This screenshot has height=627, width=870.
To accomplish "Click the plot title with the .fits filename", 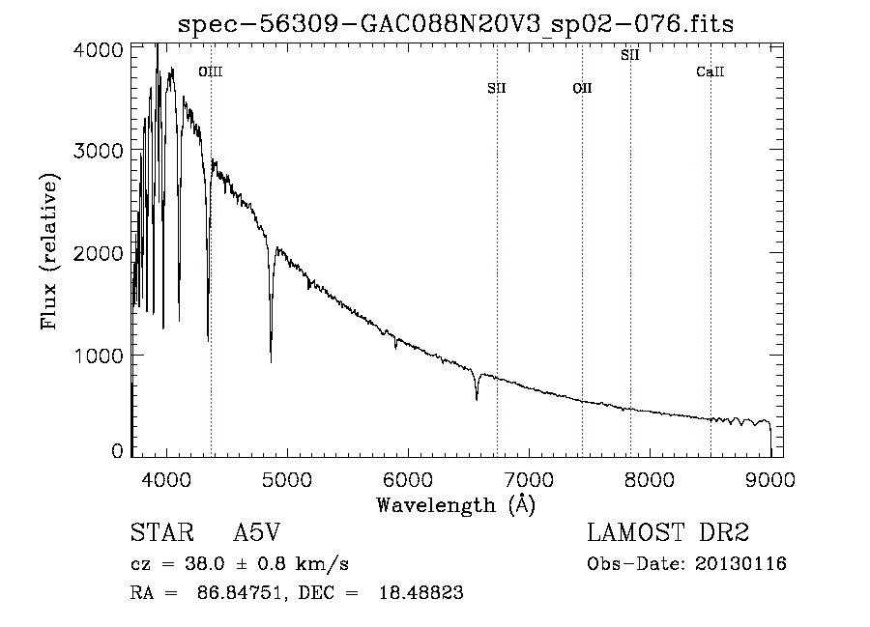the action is pos(455,24).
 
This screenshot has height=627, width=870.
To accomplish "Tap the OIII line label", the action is pos(211,71).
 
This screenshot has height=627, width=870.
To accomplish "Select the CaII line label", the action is pos(710,71).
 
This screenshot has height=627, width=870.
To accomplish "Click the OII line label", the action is pos(582,88).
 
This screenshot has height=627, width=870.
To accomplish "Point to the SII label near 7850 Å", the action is pos(629,55).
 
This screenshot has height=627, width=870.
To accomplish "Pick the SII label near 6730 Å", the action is pos(497,88).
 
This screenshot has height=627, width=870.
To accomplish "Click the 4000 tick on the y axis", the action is pos(99,50).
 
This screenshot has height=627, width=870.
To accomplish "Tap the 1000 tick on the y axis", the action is pos(99,356).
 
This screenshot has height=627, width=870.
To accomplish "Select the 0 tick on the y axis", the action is pos(117,451).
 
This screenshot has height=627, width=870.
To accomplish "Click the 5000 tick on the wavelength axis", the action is pos(287,479).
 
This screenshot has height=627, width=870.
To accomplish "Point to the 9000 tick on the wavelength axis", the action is pos(770,479).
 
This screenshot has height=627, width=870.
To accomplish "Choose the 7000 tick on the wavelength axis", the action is pos(529,479).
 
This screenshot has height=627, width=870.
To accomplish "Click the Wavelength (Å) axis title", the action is pos(456,505).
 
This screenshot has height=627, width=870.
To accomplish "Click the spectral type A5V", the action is pos(257,532).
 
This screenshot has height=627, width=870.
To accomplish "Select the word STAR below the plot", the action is pos(162,532).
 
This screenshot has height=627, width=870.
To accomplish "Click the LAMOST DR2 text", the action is pos(668,532).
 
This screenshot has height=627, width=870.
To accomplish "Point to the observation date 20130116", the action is pos(740,564).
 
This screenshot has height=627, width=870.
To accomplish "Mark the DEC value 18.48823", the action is pos(421,592).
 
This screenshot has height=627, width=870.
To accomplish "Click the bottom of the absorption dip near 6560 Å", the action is pos(477,399).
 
